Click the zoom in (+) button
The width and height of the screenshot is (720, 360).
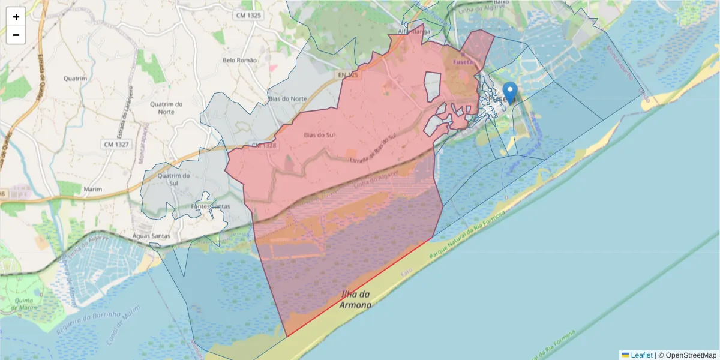click(16, 17)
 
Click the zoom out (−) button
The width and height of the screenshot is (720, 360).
click(16, 35)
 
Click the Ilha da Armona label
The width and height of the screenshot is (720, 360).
click(356, 299)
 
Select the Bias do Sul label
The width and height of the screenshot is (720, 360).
click(319, 135)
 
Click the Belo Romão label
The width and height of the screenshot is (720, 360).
click(239, 60)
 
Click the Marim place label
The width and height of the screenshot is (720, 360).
click(93, 189)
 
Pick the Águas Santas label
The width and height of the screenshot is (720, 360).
click(151, 236)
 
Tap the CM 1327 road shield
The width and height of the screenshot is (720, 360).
click(116, 144)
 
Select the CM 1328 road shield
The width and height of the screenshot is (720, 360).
click(263, 145)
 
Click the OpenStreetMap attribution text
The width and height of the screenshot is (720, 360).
click(691, 355)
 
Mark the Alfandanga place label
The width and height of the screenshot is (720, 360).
click(414, 31)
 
